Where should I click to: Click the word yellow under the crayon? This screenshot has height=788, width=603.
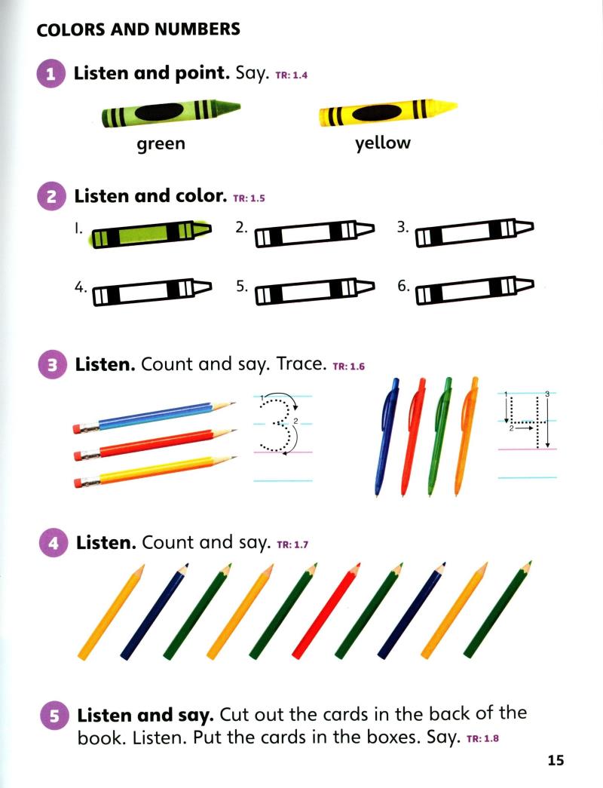(x=383, y=143)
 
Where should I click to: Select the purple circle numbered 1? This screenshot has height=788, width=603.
(x=51, y=75)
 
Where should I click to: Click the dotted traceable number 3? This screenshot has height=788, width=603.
(x=278, y=424)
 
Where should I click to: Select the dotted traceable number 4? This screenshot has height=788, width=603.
(x=527, y=421)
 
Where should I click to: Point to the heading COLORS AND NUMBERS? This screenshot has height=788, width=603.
(x=139, y=30)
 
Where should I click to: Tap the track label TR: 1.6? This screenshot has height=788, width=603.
(x=348, y=367)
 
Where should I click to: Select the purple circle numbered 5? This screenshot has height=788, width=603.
(x=55, y=716)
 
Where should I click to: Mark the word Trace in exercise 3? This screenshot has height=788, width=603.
(x=301, y=364)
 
